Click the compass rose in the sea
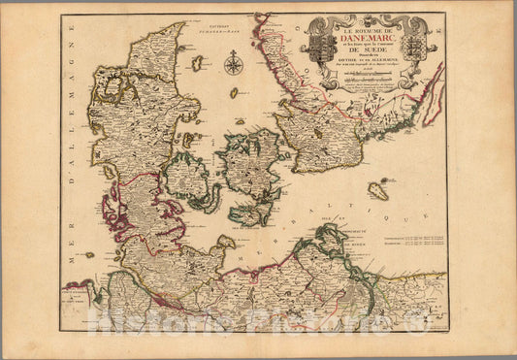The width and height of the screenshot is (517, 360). point(233,65)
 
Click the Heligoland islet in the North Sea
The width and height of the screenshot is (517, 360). point(89,254)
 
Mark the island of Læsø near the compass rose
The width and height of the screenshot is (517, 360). point(198,62)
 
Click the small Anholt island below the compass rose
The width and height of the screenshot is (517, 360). point(234,93)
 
